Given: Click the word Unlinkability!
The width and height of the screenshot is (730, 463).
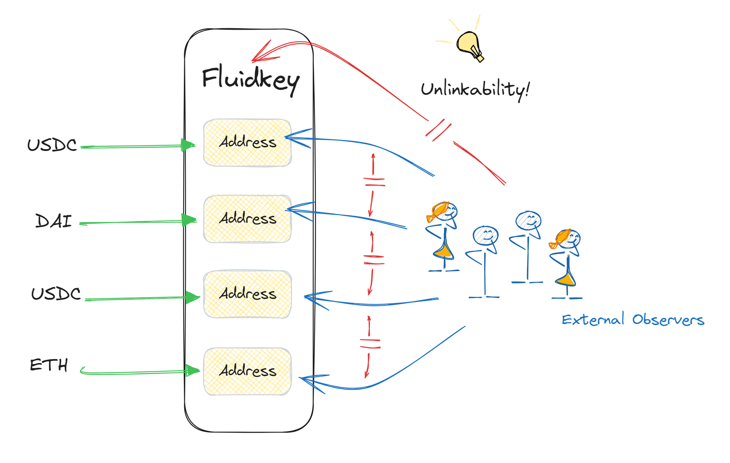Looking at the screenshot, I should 475,89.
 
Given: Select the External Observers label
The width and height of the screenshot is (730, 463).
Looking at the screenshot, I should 633,320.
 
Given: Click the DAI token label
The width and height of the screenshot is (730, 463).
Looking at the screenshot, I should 53,221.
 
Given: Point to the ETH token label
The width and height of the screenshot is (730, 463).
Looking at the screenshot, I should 49,365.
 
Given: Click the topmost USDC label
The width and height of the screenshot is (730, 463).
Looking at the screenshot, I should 52,145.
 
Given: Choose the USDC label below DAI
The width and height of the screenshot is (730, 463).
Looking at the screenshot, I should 56,294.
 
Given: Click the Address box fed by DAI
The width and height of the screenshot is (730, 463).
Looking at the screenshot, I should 247,219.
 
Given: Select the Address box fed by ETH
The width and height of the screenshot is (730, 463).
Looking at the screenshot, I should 247,371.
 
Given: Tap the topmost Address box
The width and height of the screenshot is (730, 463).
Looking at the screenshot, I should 247,143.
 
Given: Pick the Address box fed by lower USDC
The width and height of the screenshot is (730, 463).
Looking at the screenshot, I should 247,294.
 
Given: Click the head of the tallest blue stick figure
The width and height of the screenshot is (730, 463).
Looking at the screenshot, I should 528,220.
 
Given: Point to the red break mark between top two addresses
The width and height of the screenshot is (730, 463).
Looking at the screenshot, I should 375,182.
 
